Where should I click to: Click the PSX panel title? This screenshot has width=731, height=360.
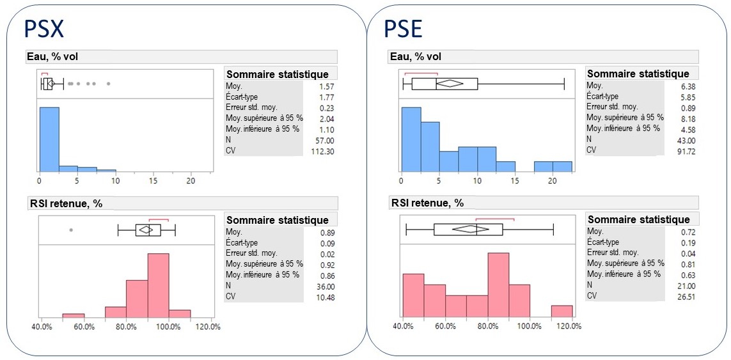[x=44, y=29]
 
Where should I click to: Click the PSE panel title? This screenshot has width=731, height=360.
[x=403, y=29]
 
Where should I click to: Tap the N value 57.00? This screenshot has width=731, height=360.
[x=324, y=140]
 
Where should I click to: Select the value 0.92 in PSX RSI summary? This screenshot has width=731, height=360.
[x=327, y=264]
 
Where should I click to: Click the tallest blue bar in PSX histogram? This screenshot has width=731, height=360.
[x=49, y=139]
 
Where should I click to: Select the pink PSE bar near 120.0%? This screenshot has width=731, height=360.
[x=562, y=311]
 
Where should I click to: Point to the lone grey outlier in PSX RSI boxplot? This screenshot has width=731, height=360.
[x=71, y=229]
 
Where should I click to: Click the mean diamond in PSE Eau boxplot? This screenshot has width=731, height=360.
[x=452, y=82]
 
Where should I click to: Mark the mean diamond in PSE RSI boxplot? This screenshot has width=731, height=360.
[x=473, y=229]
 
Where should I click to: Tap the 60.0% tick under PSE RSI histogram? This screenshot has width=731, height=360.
[x=445, y=326]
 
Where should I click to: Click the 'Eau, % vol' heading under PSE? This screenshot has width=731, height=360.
[x=416, y=57]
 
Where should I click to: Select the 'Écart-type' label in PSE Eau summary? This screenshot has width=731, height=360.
[x=603, y=96]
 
